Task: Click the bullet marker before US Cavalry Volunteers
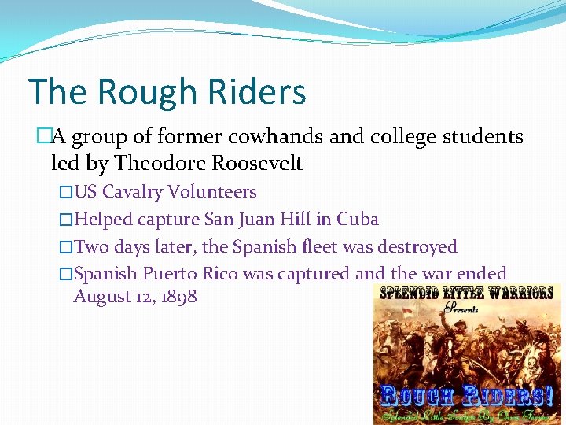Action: pyautogui.click(x=67, y=192)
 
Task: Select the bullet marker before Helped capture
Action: pyautogui.click(x=67, y=220)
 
